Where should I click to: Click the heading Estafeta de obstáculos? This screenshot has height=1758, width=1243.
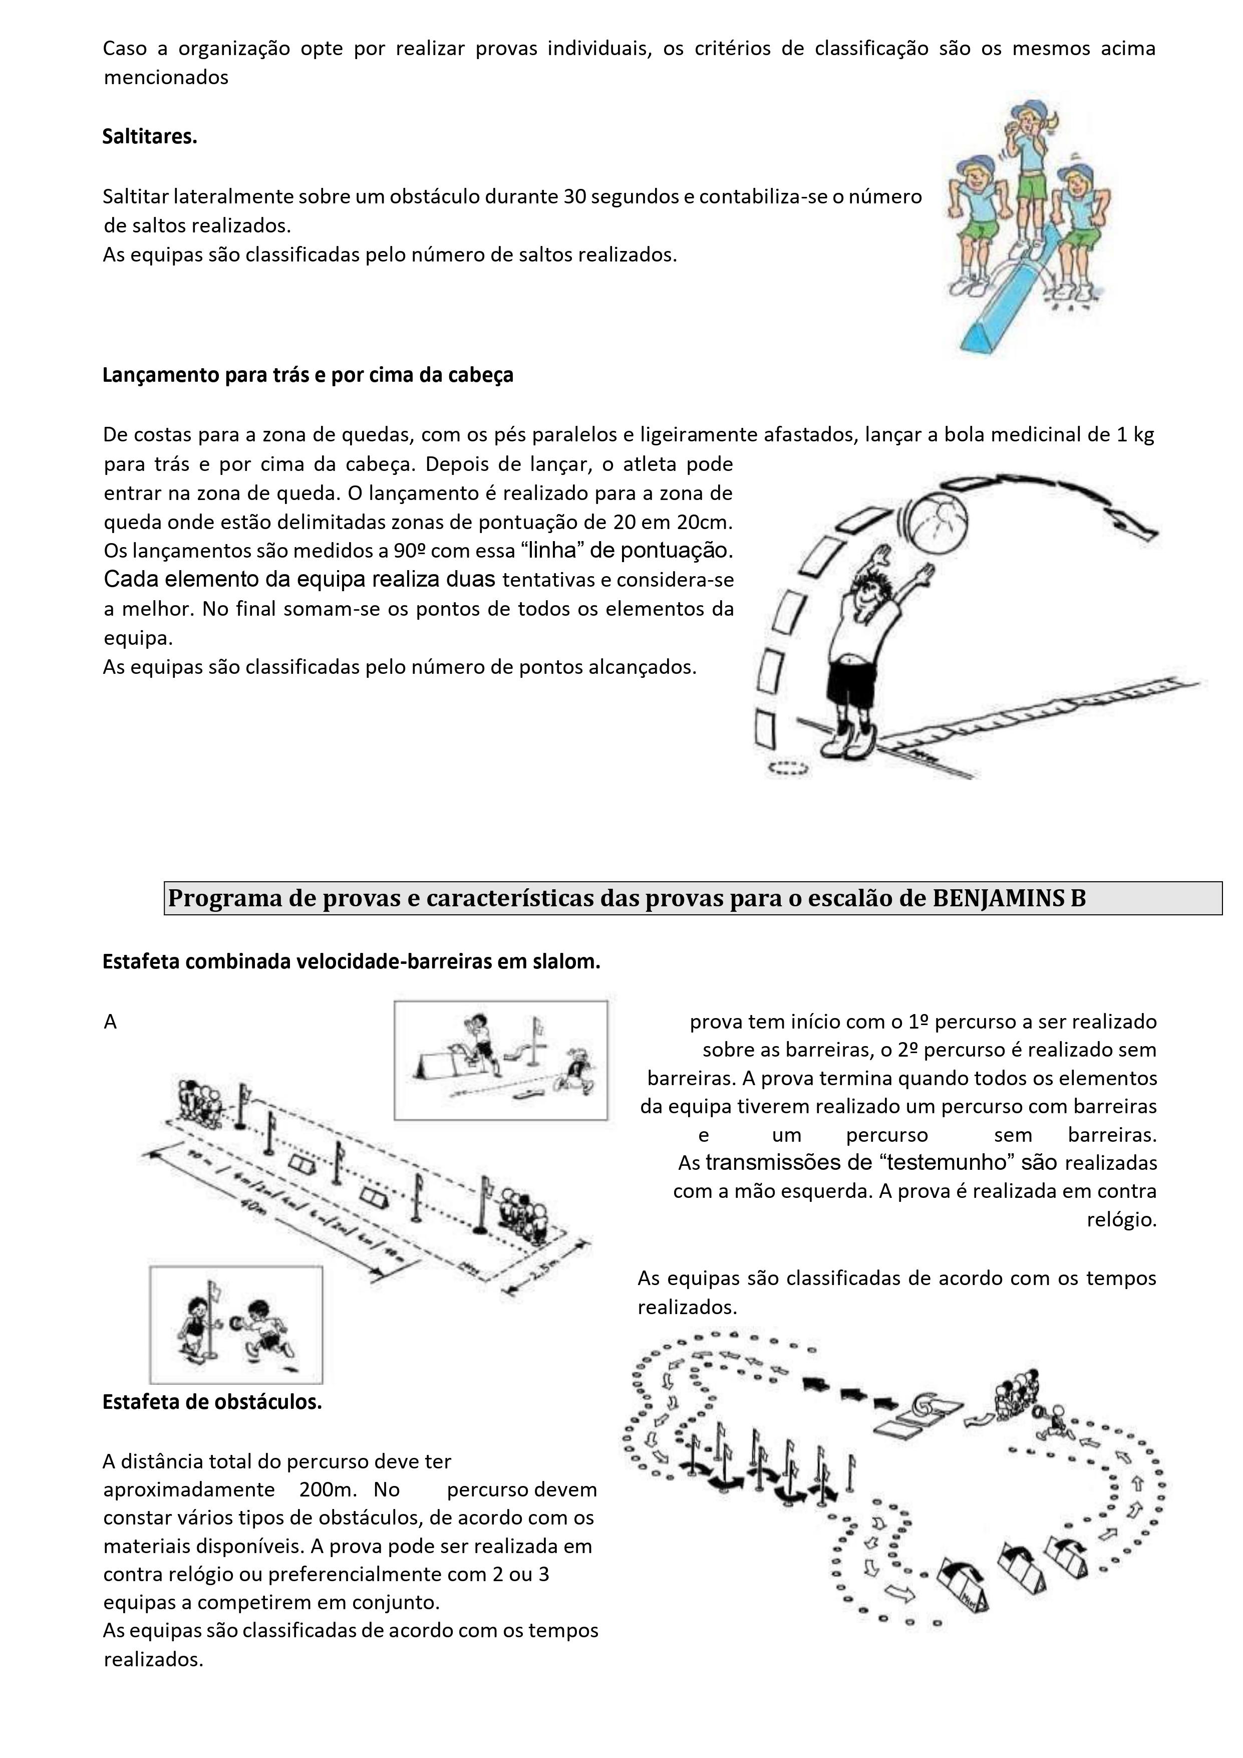pos(212,1401)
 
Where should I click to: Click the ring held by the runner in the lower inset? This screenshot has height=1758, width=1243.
pos(236,1320)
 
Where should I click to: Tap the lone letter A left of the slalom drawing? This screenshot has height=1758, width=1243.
pos(110,1022)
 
